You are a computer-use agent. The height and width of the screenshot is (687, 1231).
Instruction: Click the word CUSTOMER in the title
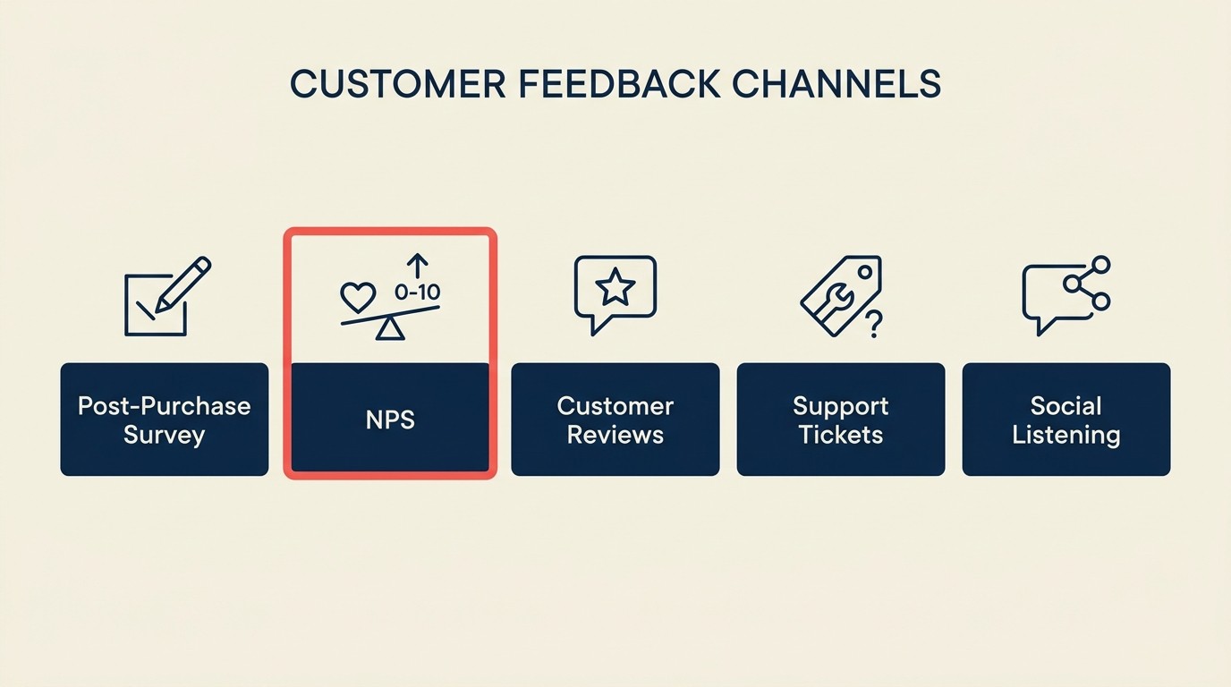click(399, 84)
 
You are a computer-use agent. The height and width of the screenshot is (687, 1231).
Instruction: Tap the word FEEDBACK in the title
click(619, 84)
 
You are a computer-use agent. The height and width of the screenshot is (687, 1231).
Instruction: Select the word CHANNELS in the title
click(836, 84)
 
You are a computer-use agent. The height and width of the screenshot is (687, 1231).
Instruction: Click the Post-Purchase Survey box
click(165, 420)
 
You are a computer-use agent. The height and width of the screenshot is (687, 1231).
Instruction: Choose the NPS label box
click(390, 420)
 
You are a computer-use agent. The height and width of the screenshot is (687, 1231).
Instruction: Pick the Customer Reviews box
click(615, 420)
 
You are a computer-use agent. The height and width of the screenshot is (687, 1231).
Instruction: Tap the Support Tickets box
click(841, 420)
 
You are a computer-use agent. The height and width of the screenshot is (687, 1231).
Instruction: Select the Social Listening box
click(1066, 420)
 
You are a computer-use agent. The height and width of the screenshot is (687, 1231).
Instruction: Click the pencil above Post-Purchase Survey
click(184, 284)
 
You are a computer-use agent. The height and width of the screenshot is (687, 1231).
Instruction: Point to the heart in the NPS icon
click(358, 296)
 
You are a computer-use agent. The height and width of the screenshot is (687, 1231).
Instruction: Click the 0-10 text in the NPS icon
click(417, 292)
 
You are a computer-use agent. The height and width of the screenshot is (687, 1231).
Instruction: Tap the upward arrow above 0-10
click(417, 265)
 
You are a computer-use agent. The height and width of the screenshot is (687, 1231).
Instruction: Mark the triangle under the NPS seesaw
click(389, 329)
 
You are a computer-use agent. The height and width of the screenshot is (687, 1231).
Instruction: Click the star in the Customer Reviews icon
click(615, 288)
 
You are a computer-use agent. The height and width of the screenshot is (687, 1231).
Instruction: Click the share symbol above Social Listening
click(1088, 283)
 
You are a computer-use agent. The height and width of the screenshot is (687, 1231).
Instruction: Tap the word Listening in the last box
click(1066, 436)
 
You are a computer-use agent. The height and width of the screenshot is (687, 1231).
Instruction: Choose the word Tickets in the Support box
click(841, 436)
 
